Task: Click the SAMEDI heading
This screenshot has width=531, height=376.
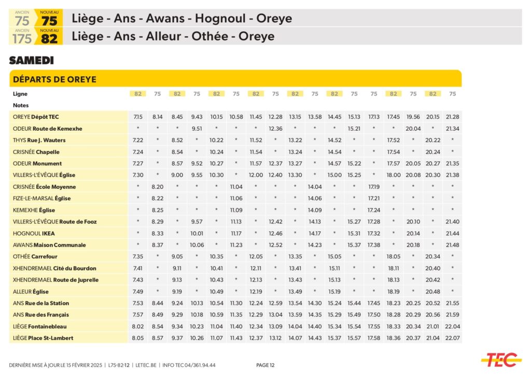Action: click(x=31, y=61)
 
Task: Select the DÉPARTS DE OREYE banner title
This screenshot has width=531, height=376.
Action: click(x=54, y=79)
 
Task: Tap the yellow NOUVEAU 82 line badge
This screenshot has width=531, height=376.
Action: click(x=49, y=36)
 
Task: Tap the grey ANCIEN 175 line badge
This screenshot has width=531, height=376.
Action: click(x=22, y=36)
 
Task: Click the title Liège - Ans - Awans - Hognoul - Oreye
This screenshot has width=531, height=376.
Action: click(x=181, y=19)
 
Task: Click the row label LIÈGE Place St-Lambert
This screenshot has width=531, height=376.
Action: click(x=43, y=338)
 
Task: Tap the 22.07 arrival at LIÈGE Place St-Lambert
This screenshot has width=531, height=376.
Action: click(x=452, y=338)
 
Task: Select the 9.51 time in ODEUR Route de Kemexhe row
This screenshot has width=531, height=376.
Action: click(x=197, y=129)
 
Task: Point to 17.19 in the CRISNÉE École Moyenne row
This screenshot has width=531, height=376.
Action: click(x=373, y=187)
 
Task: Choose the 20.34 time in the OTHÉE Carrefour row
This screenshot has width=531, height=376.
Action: click(x=432, y=257)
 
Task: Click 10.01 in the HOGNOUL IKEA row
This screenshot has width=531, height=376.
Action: click(x=197, y=233)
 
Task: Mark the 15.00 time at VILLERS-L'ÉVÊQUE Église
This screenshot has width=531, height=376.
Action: click(x=334, y=175)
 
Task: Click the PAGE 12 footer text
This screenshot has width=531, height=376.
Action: click(x=265, y=365)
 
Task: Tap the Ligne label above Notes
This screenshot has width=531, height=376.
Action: click(x=20, y=94)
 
